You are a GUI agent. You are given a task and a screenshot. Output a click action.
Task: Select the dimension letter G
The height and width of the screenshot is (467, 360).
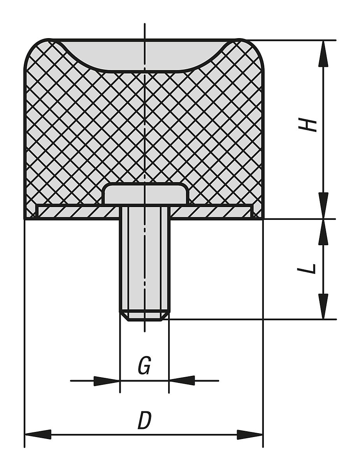click(x=144, y=366)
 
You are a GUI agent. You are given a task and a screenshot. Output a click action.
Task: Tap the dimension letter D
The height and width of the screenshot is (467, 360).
click(x=144, y=421)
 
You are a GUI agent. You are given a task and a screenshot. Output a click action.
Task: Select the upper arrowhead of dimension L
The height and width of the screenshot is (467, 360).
click(x=323, y=232)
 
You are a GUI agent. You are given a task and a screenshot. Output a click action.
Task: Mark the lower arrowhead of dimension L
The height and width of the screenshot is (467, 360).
click(x=323, y=306)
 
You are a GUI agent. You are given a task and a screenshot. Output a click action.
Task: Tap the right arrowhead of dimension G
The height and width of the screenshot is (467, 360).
click(x=182, y=381)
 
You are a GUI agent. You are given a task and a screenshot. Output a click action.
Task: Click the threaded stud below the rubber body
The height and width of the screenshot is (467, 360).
click(x=144, y=261)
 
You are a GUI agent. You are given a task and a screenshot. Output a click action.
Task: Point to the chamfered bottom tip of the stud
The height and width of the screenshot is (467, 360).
click(x=144, y=316)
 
